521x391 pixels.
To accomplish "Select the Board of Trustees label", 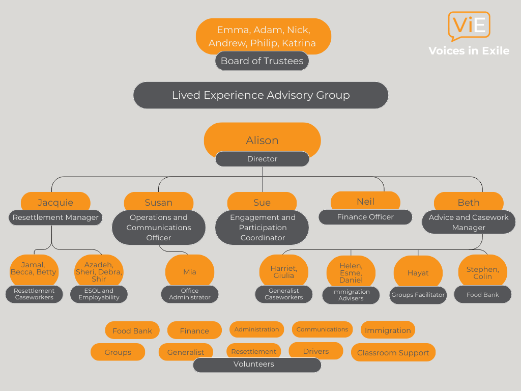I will (262, 61).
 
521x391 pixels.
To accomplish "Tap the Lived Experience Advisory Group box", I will (260, 95).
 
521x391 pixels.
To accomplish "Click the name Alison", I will (262, 140).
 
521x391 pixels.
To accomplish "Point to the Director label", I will (262, 159).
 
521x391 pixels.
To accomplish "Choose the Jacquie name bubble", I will (55, 202).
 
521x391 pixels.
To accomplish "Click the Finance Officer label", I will (365, 217).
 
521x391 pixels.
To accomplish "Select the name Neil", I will (365, 202).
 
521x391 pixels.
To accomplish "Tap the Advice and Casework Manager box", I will (469, 222).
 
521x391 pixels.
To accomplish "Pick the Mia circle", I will (190, 272).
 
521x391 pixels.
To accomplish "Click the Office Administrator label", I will (190, 294).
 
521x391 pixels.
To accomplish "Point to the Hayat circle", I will (418, 273).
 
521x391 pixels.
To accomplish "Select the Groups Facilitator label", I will (418, 295).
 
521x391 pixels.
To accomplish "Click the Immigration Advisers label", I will (351, 295).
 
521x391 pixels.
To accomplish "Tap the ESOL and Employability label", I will (99, 294).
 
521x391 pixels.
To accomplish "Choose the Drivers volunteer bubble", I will (316, 351).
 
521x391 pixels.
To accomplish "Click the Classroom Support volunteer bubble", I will (393, 352).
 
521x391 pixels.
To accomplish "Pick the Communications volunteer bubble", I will (322, 329).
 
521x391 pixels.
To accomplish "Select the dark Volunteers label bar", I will (257, 365).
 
